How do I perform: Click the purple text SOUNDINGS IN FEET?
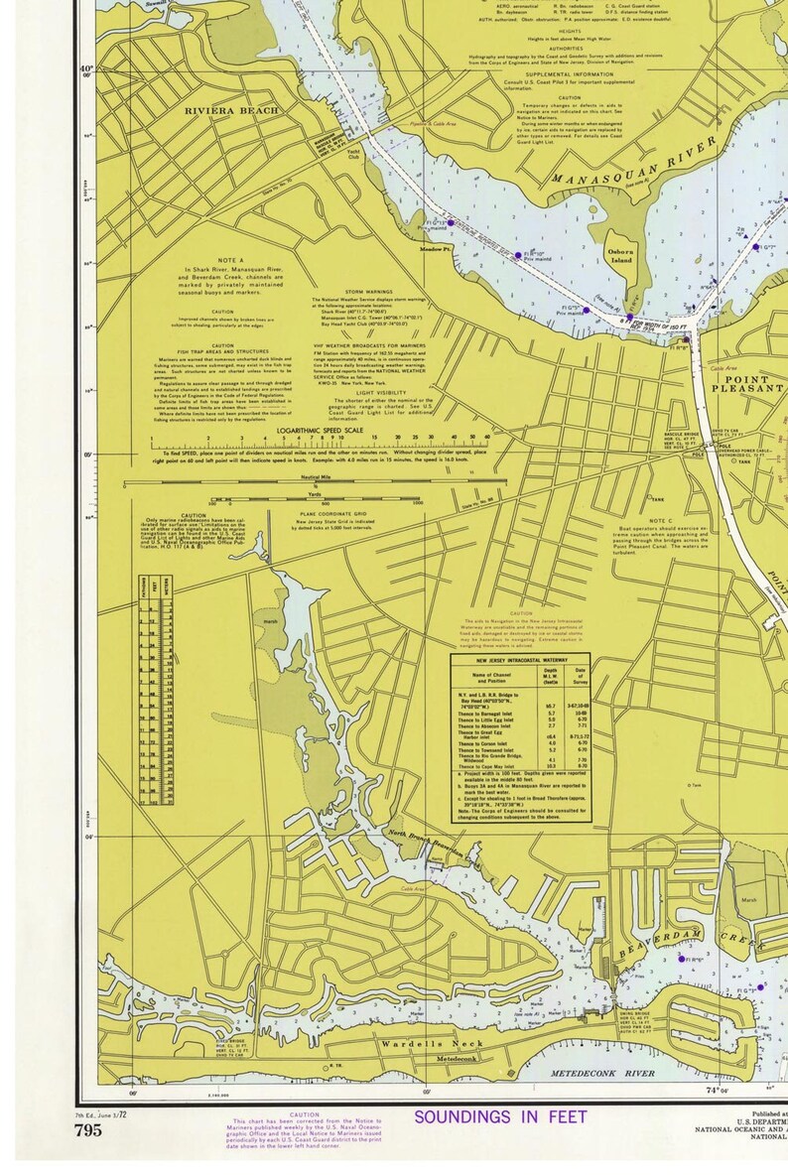click(x=500, y=1117)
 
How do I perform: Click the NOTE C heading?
click(x=661, y=521)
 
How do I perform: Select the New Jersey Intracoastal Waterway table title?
click(x=519, y=659)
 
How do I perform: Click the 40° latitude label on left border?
click(x=86, y=70)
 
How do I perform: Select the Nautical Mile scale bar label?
click(x=316, y=477)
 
